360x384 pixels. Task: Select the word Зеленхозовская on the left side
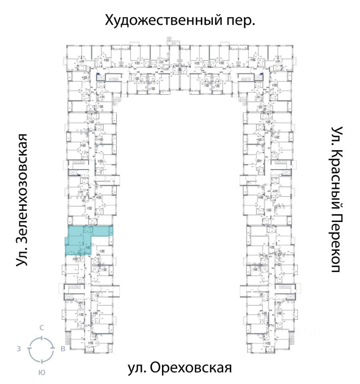coord(24,188)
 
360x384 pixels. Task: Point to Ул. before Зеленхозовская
coord(23,256)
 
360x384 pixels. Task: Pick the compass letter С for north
coord(41,328)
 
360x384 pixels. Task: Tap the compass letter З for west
coord(19,349)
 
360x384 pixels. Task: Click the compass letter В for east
coord(63,349)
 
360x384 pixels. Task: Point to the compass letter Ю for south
coord(41,372)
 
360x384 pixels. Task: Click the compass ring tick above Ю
coord(41,360)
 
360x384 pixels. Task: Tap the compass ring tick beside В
coord(52,349)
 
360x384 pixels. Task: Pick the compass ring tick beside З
coord(30,349)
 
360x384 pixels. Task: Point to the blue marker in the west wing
coord(79,175)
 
